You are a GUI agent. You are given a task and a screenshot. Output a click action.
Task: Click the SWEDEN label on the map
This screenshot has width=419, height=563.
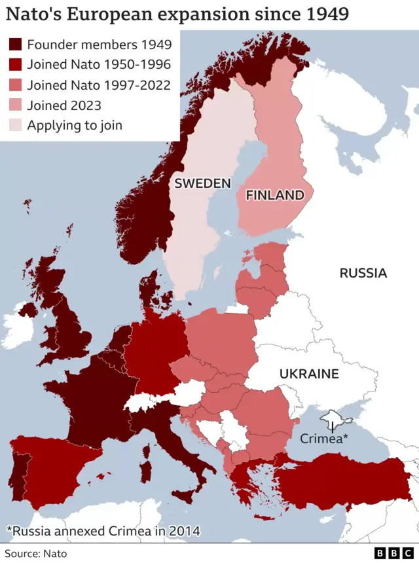202,183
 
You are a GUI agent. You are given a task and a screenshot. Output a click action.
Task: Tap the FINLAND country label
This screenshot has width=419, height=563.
274,195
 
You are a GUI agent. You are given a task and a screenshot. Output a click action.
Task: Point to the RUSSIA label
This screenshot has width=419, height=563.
363,273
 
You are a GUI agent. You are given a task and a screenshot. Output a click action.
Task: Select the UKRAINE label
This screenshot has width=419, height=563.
309,374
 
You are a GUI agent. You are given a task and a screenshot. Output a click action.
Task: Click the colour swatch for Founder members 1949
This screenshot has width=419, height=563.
14,45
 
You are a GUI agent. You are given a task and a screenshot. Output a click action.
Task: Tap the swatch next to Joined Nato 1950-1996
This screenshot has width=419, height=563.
14,65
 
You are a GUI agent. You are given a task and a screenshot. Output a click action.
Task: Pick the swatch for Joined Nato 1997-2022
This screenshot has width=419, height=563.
14,84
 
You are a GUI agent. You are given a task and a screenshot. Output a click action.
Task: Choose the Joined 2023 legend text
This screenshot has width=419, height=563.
64,105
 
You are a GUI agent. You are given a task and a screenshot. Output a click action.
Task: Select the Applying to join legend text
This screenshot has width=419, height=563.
74,125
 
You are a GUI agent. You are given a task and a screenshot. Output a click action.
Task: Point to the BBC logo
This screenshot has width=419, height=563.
392,553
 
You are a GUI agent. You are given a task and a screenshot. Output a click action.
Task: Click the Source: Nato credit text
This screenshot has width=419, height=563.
36,553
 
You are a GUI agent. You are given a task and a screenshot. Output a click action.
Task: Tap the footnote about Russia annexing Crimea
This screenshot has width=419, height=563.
103,530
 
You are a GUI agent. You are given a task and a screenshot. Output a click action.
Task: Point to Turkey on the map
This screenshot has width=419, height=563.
347,481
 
